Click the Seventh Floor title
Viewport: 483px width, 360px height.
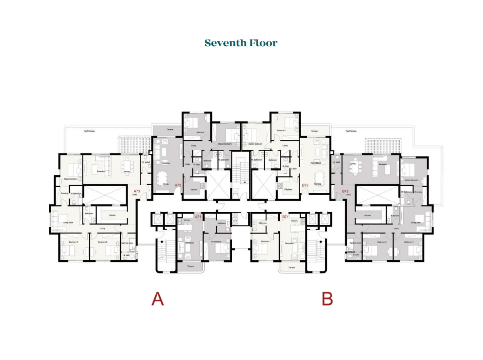coord(241,43)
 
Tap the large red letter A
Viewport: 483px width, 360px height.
coord(157,299)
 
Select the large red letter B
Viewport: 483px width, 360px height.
coord(327,299)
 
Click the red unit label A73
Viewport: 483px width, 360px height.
coord(137,191)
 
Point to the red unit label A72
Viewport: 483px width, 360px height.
coord(178,185)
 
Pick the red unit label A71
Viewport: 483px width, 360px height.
coord(198,217)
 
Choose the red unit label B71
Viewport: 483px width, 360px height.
coord(285,217)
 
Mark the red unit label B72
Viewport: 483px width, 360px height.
coord(305,185)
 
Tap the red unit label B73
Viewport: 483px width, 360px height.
coord(345,191)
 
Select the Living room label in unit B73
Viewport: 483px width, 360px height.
coord(415,222)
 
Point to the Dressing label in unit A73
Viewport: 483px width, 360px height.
coord(64,193)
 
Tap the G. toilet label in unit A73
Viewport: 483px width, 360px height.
coord(146,162)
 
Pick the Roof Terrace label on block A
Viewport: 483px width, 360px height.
coord(89,131)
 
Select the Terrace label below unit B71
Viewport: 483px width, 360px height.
coord(292,267)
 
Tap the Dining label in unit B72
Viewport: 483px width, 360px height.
coord(318,184)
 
